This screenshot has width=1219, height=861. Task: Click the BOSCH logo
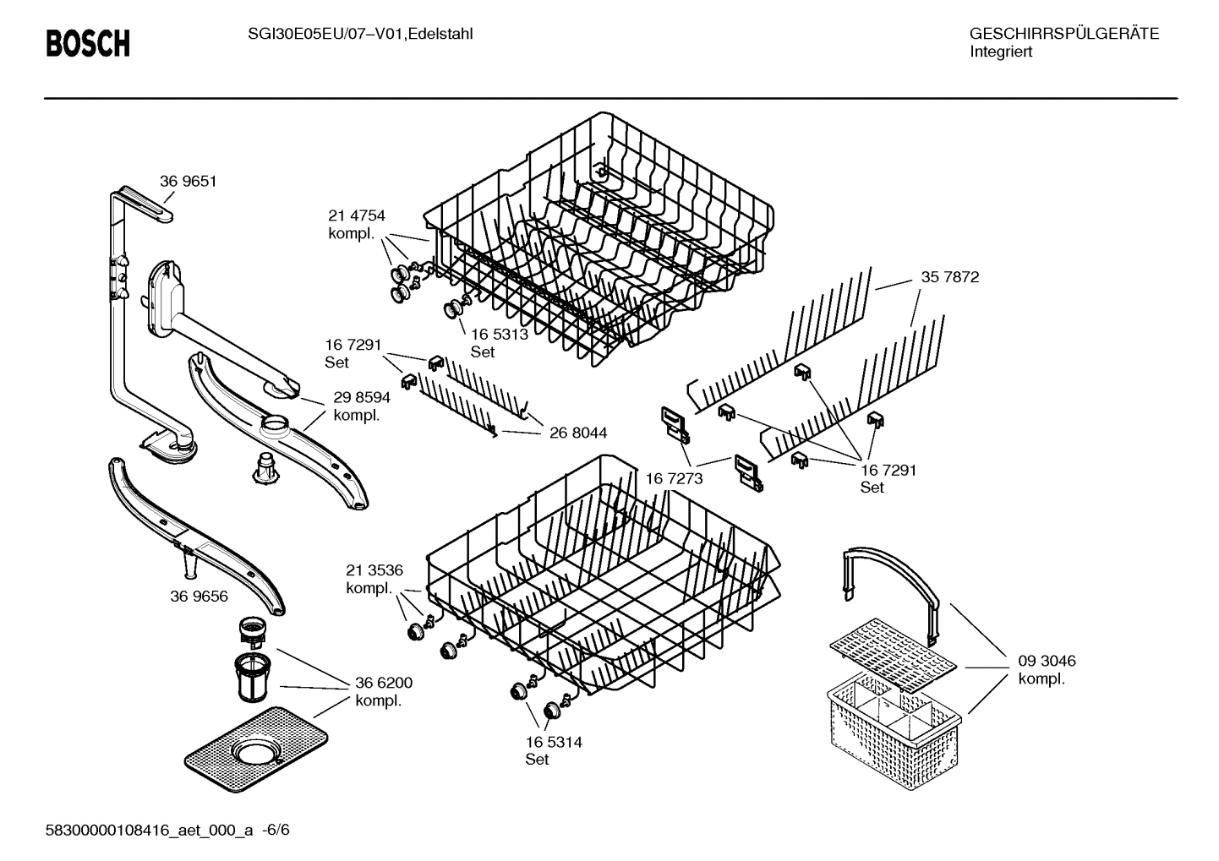click(88, 43)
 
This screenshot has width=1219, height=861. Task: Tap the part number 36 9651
click(189, 181)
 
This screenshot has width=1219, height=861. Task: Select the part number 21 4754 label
click(356, 216)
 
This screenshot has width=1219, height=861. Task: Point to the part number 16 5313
click(499, 334)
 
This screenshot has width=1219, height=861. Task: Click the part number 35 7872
click(950, 277)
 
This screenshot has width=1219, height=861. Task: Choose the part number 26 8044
click(577, 433)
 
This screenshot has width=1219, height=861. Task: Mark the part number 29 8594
click(361, 397)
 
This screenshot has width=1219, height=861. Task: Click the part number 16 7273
click(674, 479)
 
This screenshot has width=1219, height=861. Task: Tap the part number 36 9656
click(199, 596)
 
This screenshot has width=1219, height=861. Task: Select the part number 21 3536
click(374, 570)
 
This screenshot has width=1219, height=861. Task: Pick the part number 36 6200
click(384, 683)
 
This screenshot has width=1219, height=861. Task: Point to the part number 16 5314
click(553, 742)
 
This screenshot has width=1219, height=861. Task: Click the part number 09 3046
click(1047, 661)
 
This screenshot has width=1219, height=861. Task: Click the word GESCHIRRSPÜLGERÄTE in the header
click(1063, 34)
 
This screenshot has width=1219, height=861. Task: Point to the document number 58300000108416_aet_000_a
click(149, 830)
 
